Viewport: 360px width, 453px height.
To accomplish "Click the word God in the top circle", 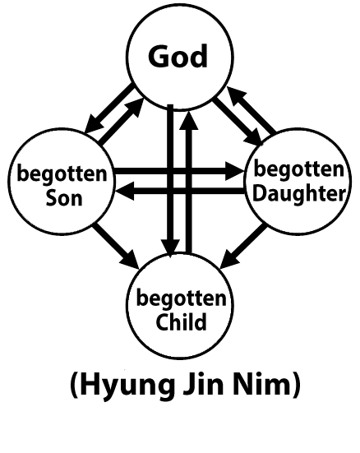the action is pos(178,57).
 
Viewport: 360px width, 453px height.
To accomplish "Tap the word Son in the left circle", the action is pos(64,198).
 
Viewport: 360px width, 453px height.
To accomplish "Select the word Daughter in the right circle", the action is pos(299,194).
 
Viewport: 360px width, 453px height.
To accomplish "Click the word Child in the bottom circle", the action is pos(181,321).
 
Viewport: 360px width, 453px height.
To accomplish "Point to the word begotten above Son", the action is pos(62,174).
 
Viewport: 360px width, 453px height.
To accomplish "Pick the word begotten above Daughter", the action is pos(298,169).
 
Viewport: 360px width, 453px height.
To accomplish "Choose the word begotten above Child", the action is pos(181,298).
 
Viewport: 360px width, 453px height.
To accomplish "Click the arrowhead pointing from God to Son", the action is pos(95,123).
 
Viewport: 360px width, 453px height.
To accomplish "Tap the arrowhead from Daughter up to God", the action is pos(237,96).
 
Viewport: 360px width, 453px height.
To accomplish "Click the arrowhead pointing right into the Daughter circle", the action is pos(235,171).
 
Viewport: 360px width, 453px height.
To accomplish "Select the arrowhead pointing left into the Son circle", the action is pos(125,191).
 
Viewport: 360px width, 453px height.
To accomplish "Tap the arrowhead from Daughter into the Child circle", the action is pos(230,259).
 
